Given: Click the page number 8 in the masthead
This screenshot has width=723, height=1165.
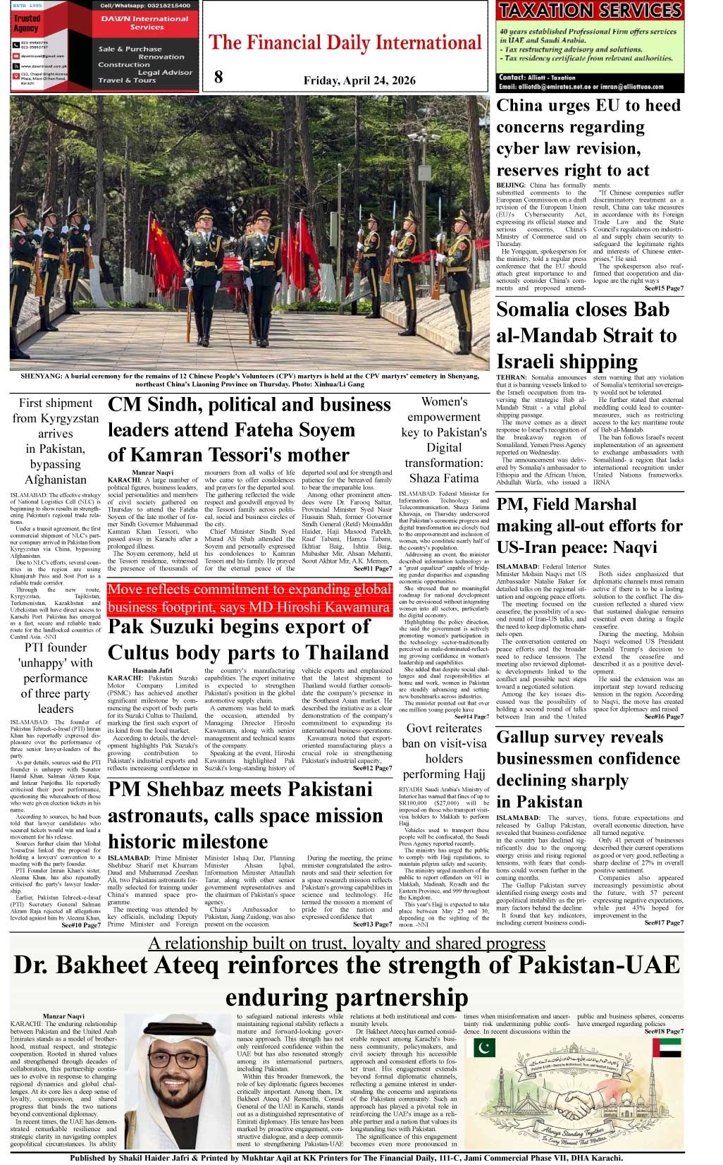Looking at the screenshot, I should pos(218,77).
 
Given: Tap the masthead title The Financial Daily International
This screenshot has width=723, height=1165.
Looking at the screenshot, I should pos(345,42).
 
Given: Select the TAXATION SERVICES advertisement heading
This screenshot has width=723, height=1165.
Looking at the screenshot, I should pos(590,11).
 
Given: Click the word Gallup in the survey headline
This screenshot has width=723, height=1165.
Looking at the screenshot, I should pos(528,737).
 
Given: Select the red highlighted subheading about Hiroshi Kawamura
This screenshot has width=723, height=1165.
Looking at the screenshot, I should pos(249,598).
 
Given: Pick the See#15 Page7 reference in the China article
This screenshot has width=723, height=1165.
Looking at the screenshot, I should pos(663,288).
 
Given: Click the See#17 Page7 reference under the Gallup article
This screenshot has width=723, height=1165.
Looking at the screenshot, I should pos(663,922).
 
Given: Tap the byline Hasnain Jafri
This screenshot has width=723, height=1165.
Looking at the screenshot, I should pos(152,671).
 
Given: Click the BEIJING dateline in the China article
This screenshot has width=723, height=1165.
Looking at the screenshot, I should pos(511,185).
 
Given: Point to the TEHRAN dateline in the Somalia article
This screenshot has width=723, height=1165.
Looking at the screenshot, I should pos(512,377).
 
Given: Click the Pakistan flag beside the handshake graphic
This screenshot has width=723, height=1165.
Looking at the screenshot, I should pos(484,1048).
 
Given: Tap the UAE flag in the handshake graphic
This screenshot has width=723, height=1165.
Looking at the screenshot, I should pos(666,1047).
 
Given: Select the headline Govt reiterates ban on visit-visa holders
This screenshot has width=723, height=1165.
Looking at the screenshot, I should pos(444,751).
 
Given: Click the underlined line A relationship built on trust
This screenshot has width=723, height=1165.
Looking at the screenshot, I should pos(347,944).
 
